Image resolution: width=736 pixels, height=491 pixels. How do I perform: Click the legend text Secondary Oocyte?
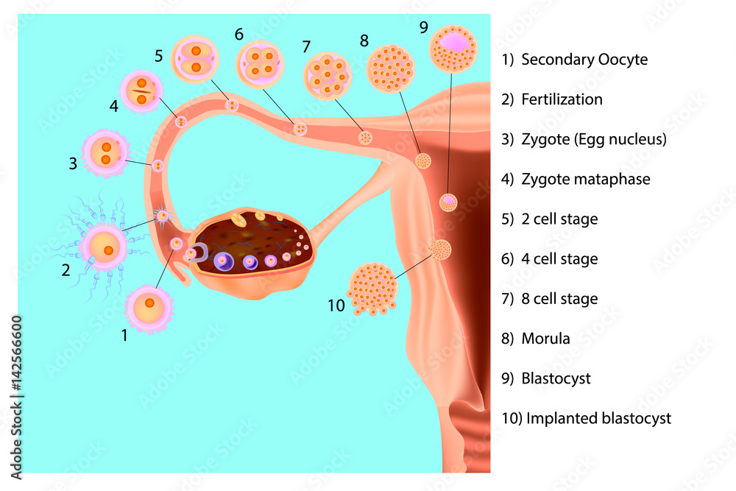pyautogui.click(x=584, y=60)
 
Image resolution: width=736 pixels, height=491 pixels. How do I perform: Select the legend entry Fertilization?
pyautogui.click(x=562, y=99)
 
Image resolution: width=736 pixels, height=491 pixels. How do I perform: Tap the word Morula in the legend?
pyautogui.click(x=545, y=339)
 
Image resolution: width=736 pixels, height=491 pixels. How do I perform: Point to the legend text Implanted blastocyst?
pyautogui.click(x=596, y=419)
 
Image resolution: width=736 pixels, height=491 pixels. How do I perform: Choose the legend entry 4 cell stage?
pyautogui.click(x=559, y=259)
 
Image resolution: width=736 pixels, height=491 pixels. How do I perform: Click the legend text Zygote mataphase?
pyautogui.click(x=585, y=179)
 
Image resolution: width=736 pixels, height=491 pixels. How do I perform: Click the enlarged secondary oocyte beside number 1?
pyautogui.click(x=149, y=308)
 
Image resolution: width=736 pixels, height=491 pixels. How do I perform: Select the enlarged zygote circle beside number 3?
pyautogui.click(x=106, y=153)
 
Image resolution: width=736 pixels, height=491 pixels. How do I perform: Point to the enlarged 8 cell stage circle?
pyautogui.click(x=328, y=76)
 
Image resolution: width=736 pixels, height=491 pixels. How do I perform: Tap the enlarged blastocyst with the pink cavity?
pyautogui.click(x=453, y=49)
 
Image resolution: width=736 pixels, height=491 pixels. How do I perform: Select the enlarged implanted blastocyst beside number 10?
pyautogui.click(x=372, y=289)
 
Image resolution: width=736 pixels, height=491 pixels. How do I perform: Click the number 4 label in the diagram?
pyautogui.click(x=113, y=107)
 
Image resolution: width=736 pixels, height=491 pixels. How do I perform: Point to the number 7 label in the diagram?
pyautogui.click(x=306, y=46)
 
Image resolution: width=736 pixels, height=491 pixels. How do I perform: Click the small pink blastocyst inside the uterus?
pyautogui.click(x=447, y=201)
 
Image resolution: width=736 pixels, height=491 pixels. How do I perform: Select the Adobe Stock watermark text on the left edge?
pyautogui.click(x=16, y=393)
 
